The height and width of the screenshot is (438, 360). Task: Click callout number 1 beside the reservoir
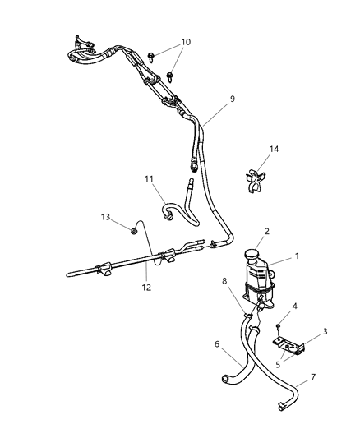coord(297,256)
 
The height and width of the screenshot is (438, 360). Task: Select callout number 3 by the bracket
coord(324,331)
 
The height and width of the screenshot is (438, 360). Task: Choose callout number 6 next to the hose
coord(218,345)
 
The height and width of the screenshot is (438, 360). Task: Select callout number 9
coord(233,99)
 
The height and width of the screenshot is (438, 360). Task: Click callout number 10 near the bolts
coord(185,42)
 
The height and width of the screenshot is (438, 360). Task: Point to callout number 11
coord(149,178)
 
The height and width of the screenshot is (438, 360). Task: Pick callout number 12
coord(147,287)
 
